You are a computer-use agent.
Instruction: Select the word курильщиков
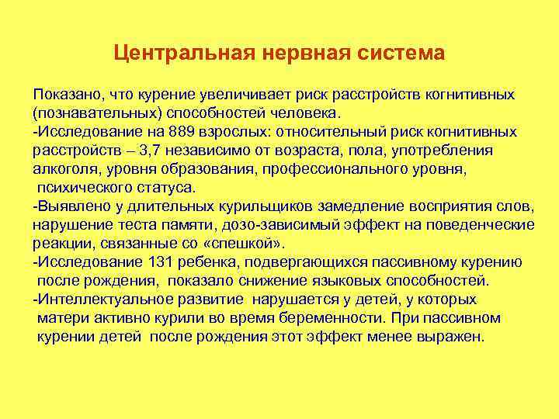click(x=246, y=206)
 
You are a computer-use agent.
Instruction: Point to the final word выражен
click(x=452, y=337)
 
